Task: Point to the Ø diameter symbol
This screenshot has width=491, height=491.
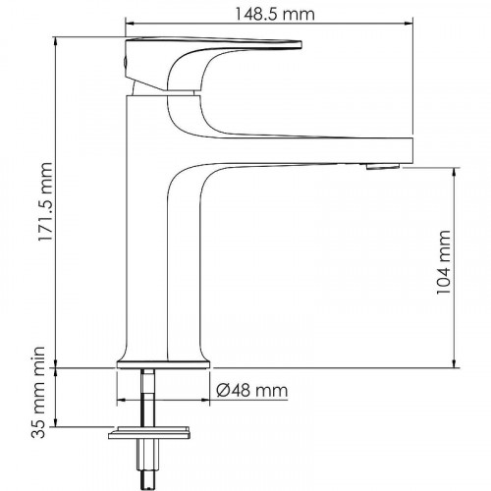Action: coord(221,390)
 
